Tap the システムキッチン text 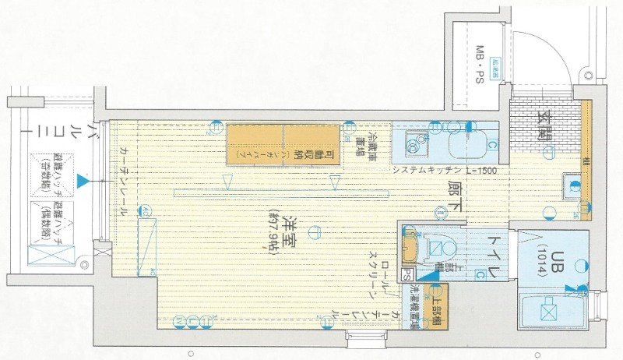[x=427, y=170]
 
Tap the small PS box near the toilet [x=407, y=274]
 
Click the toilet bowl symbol [x=438, y=249]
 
